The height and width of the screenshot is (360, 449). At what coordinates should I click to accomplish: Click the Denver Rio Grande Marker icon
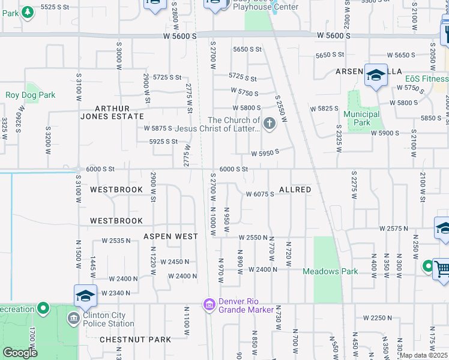[x=209, y=305]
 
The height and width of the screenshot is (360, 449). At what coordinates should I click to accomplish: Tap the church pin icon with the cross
[x=270, y=124]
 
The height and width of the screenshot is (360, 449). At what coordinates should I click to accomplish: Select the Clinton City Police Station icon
[x=74, y=317]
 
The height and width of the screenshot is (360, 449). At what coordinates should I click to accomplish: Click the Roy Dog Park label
[x=30, y=95]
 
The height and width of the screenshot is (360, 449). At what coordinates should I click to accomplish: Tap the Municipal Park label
[x=361, y=118]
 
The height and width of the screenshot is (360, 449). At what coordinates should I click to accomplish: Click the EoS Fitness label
[x=426, y=79]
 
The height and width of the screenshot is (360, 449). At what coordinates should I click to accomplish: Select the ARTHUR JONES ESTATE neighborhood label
[x=112, y=112]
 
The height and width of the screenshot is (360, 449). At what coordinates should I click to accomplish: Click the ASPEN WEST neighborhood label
[x=170, y=236]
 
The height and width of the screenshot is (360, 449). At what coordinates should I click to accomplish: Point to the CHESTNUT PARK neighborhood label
[x=136, y=340]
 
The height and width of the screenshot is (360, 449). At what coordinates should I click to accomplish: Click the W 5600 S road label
[x=180, y=37]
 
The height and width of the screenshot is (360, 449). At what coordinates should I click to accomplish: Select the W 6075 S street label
[x=260, y=194]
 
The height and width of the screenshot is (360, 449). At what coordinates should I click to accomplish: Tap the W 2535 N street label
[x=116, y=241]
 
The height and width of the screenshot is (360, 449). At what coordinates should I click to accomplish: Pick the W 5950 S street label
[x=265, y=153]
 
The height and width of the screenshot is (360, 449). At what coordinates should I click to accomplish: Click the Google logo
[x=20, y=352]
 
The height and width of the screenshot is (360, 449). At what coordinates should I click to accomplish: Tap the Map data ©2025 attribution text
[x=423, y=355]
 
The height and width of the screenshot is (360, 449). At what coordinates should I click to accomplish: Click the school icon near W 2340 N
[x=85, y=296]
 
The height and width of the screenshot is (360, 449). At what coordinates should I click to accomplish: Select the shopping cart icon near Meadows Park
[x=441, y=268]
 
